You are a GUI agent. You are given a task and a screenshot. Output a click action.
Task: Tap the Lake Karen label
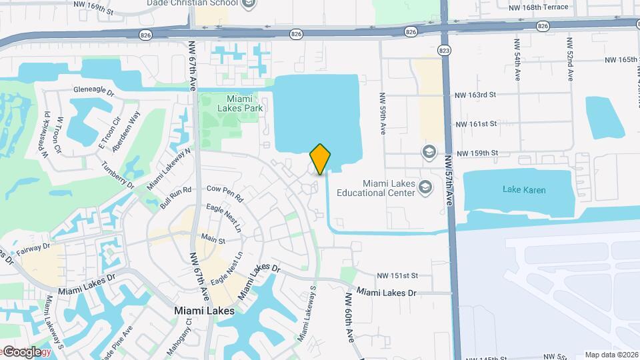pos(525,190)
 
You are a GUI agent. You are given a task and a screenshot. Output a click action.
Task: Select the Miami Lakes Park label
pos(241,103)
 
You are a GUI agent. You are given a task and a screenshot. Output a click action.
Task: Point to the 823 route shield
pos(444,50)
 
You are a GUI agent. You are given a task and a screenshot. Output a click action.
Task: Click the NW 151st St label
pos(397,275)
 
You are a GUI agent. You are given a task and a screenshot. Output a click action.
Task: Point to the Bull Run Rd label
pos(175,199)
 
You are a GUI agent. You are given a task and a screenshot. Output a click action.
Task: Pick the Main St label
pos(209,238)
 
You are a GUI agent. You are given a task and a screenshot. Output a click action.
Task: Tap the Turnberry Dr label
pos(117,175)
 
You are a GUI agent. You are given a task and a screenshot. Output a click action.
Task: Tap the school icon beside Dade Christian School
pos(249,4)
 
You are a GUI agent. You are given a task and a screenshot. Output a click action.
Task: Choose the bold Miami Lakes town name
pos(204,311)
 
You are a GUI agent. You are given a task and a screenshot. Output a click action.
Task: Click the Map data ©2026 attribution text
pos(611,355)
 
